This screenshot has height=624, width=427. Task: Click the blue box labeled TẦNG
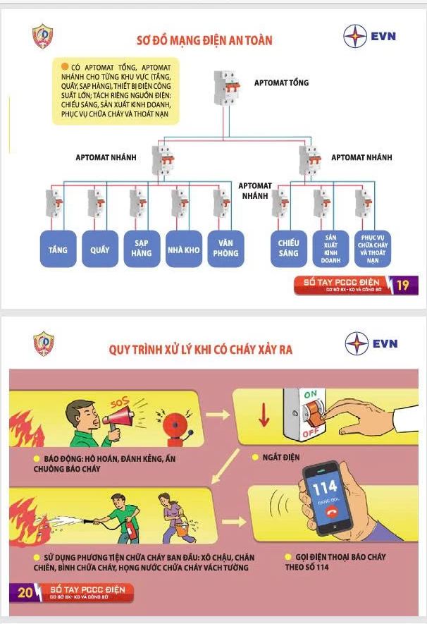click(x=58, y=249)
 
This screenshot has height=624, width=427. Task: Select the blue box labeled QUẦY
click(x=99, y=249)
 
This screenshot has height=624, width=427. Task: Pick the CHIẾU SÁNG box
click(x=288, y=248)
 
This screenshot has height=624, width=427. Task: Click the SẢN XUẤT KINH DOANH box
click(x=332, y=248)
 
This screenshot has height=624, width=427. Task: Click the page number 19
click(x=402, y=286)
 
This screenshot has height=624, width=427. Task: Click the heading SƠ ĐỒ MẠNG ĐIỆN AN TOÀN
click(x=204, y=40)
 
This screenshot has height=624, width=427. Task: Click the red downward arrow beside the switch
click(x=264, y=415)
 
